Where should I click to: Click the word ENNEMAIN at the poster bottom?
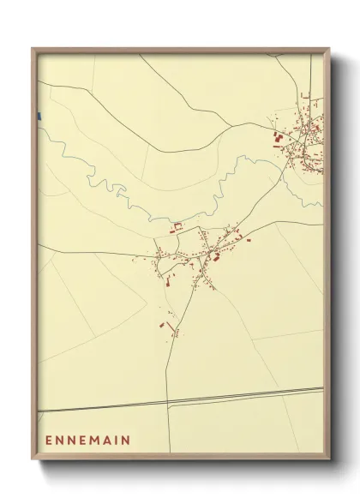coord(87,441)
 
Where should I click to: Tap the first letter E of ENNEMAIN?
coord(49,441)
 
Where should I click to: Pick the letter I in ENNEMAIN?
coord(116,441)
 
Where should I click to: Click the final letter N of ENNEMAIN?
coord(126,441)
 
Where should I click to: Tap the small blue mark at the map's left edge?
coord(38,116)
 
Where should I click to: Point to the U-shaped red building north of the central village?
coord(177,227)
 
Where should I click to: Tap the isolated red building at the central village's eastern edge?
coord(249,240)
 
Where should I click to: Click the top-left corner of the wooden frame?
coord(33,48)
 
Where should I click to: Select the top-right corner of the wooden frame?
coord(330,48)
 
